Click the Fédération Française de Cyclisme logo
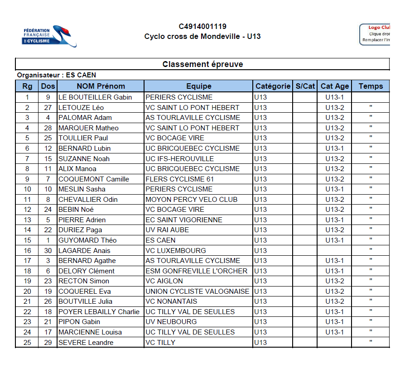[49, 36]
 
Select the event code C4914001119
[202, 27]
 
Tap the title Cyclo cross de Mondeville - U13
[202, 37]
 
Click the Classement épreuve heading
[202, 64]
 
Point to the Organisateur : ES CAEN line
[57, 75]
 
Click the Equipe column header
[198, 86]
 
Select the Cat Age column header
[335, 86]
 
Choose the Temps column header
[371, 86]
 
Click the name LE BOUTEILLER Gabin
[95, 97]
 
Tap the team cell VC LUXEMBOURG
[176, 250]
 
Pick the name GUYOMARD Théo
[87, 240]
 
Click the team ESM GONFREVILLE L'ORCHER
[197, 271]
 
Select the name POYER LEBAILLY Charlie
[99, 312]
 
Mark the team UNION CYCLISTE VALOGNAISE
[198, 292]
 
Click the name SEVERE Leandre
[86, 343]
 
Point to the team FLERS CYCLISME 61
[179, 179]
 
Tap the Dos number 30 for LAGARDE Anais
[48, 250]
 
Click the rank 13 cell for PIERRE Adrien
[28, 220]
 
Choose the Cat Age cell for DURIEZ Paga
[335, 230]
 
